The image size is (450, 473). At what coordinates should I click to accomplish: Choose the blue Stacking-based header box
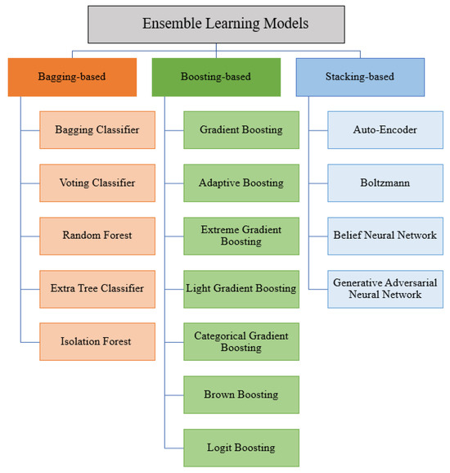(359, 77)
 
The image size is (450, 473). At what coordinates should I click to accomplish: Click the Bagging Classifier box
(97, 130)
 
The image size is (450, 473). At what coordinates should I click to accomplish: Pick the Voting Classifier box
(97, 182)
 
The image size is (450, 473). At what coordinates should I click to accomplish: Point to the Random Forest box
(97, 235)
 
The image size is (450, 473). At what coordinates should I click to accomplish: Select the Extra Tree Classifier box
(97, 287)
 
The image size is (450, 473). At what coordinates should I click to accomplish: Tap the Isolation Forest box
(97, 340)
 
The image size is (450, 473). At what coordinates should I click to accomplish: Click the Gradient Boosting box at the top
(241, 130)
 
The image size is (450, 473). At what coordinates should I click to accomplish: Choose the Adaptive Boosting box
(241, 182)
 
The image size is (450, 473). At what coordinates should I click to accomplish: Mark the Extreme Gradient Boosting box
(241, 235)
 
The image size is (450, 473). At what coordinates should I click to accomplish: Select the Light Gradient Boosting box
(241, 287)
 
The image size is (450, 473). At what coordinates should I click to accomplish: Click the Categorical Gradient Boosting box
(241, 340)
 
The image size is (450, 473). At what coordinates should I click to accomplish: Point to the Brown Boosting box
(241, 394)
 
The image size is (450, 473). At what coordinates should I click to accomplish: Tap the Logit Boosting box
(241, 447)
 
